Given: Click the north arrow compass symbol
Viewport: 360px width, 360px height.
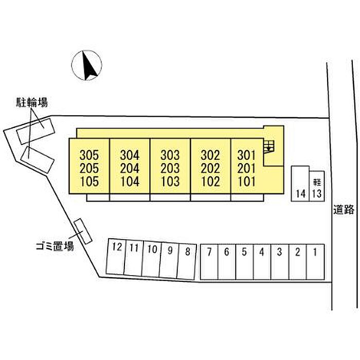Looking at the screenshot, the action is tap(86, 65).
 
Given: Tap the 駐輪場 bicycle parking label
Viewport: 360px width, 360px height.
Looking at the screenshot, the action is tap(32, 102).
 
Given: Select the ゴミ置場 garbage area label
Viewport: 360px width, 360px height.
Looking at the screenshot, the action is tap(55, 246).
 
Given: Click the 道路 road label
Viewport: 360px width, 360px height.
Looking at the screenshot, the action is tap(344, 209).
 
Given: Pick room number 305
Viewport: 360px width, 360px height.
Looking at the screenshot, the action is tap(89, 155).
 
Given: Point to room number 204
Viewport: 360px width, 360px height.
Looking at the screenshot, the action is tap(130, 168).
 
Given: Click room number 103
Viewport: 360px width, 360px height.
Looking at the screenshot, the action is tap(170, 182).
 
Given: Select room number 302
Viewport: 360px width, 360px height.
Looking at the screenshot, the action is tap(210, 155).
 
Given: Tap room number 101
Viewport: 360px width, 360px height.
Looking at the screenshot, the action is tap(246, 182).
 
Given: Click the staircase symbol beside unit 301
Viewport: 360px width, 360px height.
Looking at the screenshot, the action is tap(269, 147).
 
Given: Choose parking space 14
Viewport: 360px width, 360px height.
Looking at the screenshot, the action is tap(300, 184).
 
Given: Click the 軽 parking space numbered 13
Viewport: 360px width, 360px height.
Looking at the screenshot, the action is tap(317, 186).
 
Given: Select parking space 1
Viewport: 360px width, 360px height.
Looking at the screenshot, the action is tap(315, 262).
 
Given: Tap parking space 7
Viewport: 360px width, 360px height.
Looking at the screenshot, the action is tap(209, 262).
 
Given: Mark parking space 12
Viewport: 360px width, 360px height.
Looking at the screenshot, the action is tap(116, 257).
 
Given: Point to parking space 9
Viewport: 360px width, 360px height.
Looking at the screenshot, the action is tap(169, 260).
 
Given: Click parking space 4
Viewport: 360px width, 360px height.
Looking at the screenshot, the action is tap(262, 262).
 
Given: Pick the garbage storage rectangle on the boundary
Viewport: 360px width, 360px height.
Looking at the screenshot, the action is tap(83, 231).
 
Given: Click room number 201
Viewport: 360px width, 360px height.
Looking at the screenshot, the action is tap(246, 168).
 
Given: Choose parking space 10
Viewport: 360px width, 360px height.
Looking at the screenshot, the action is tap(152, 259).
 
